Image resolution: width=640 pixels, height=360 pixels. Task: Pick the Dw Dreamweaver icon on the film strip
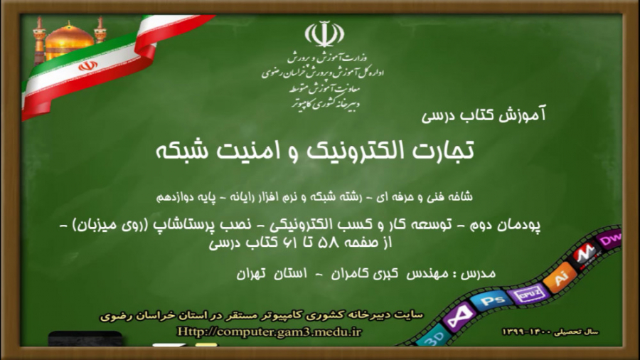[x=610, y=240]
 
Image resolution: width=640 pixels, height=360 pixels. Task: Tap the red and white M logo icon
[x=585, y=253]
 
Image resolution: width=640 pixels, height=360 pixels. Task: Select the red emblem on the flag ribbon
[x=87, y=65]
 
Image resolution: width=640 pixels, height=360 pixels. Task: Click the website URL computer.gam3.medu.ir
[x=270, y=332]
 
